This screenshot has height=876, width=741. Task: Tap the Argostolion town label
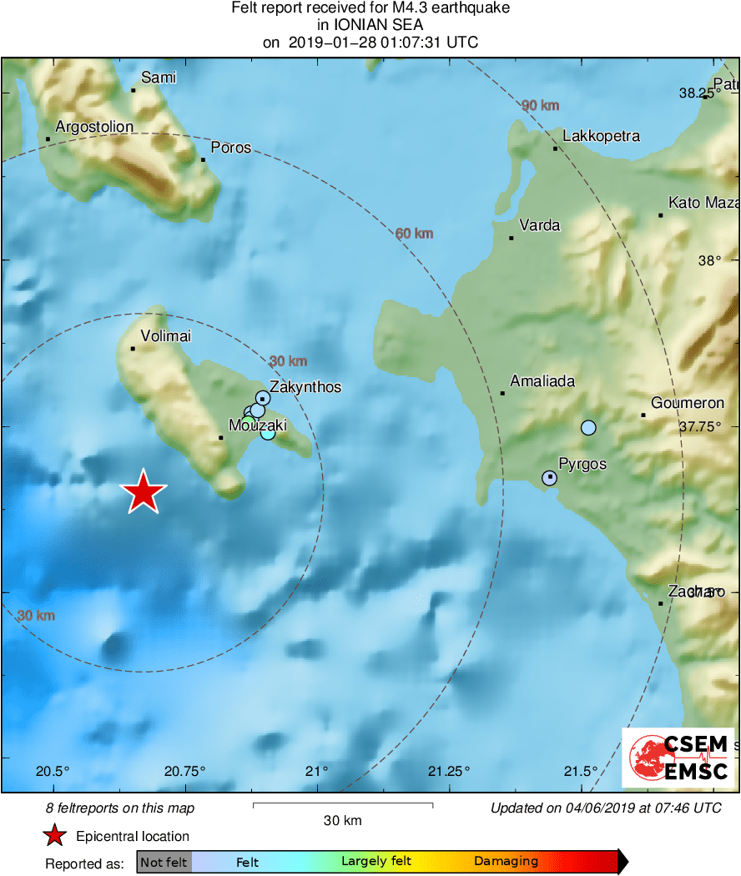click(x=94, y=127)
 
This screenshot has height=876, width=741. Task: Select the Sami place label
click(x=159, y=78)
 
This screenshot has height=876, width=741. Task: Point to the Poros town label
click(x=230, y=148)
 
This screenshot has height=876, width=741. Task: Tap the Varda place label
click(x=539, y=225)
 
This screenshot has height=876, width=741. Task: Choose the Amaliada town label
click(x=542, y=381)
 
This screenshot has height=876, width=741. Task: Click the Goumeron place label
click(x=688, y=403)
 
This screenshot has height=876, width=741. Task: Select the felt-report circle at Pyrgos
click(x=549, y=478)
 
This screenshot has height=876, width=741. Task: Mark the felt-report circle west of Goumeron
click(x=588, y=428)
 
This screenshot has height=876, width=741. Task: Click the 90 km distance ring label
click(x=540, y=106)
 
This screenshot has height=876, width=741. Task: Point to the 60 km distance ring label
click(x=414, y=233)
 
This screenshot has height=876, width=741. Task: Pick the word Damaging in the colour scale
click(x=506, y=862)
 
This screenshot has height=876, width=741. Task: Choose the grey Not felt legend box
click(x=164, y=862)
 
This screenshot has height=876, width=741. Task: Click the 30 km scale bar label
click(x=342, y=821)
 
